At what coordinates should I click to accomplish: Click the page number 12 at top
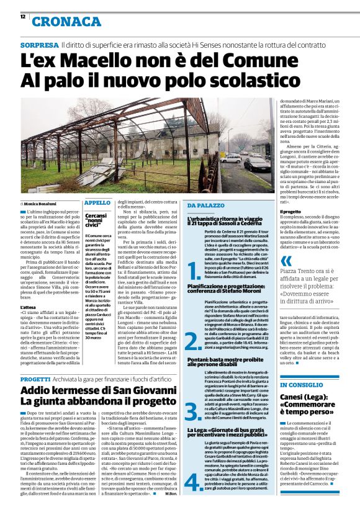(22, 16)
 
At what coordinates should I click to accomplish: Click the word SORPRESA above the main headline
(39, 46)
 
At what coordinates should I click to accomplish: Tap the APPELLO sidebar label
(97, 202)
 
